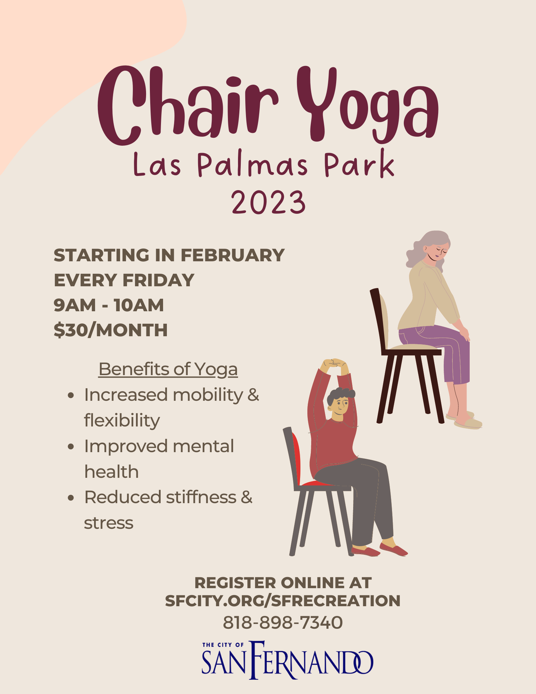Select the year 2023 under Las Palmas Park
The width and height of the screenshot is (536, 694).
click(269, 202)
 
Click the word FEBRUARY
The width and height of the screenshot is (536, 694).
click(232, 255)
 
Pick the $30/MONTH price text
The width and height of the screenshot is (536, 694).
click(111, 330)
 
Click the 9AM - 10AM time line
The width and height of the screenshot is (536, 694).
click(109, 305)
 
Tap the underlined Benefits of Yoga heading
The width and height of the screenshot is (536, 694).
click(168, 369)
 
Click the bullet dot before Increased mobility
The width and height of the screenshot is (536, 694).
click(71, 395)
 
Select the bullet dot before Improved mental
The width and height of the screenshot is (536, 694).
click(71, 446)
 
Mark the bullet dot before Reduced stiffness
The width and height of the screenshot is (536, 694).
click(71, 498)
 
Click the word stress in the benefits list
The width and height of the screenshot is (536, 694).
click(109, 523)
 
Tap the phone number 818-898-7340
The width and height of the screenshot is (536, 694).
click(283, 622)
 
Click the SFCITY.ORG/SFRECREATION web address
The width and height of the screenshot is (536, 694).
click(283, 601)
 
